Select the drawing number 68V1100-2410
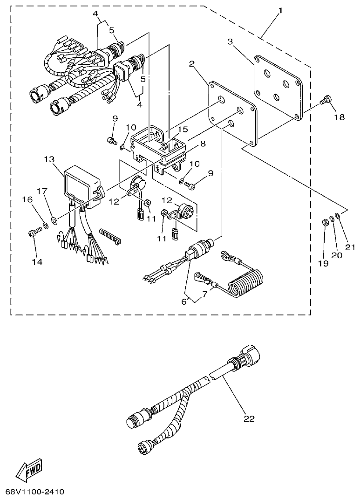click(35, 492)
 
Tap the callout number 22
click(249, 418)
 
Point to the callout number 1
click(280, 10)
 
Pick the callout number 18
click(339, 117)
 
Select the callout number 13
click(50, 159)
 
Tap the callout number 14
click(36, 262)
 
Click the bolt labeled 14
click(34, 231)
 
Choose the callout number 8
click(202, 144)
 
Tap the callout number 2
click(191, 63)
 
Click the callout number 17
click(42, 191)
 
